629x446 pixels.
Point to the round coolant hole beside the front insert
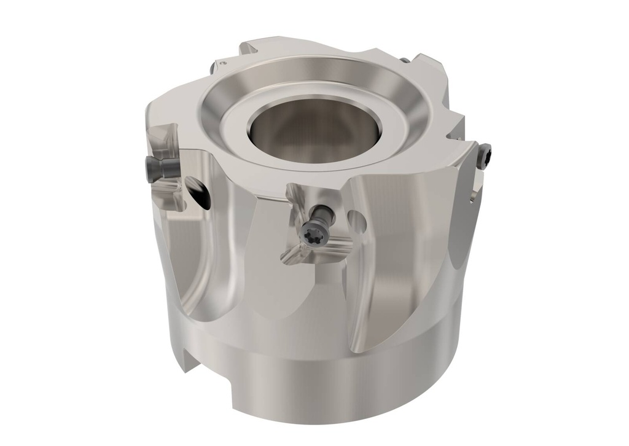355,218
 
